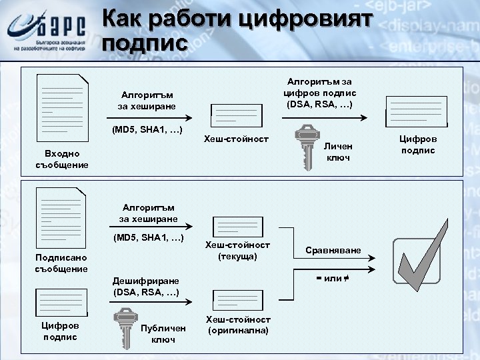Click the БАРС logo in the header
pyautogui.click(x=47, y=31)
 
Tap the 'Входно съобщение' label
pyautogui.click(x=62, y=159)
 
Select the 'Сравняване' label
pyautogui.click(x=333, y=250)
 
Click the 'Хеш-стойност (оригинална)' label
pyautogui.click(x=238, y=325)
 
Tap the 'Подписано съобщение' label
pyautogui.click(x=61, y=263)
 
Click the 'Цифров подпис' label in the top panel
pyautogui.click(x=417, y=145)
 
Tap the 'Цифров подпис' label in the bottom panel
pyautogui.click(x=61, y=331)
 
